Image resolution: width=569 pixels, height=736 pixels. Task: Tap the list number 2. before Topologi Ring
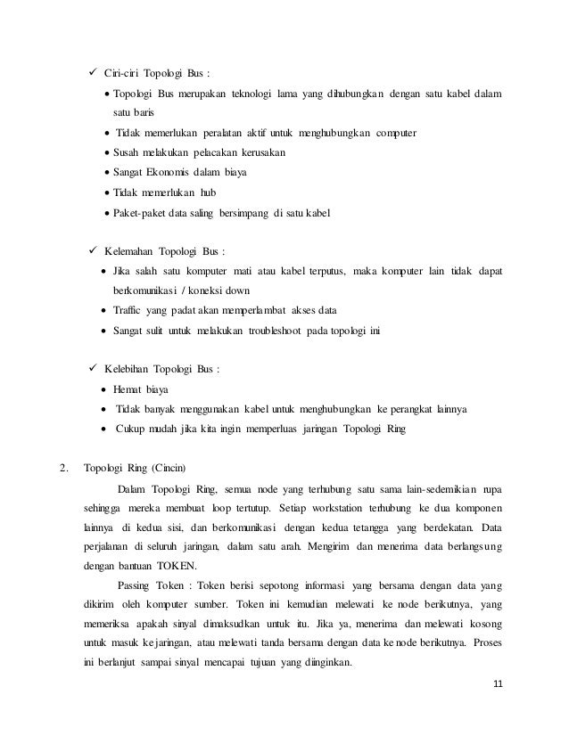tap(62, 466)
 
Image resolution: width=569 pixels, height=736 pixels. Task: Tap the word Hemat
tap(129, 389)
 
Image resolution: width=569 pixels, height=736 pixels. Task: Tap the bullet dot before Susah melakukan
tap(107, 153)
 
